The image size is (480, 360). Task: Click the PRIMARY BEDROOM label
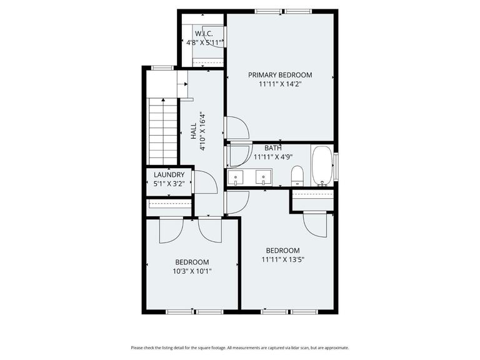coord(279,75)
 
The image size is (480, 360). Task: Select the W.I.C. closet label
coord(204,33)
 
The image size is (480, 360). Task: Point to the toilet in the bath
coord(298,176)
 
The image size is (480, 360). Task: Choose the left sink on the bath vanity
coord(236,178)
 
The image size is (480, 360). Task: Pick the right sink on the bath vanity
coord(264,178)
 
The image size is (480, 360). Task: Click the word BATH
coord(272,148)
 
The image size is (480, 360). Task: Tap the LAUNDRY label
coord(169,175)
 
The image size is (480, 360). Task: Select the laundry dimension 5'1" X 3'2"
coord(169,184)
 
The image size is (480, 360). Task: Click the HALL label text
coord(194,131)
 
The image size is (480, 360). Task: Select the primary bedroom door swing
coord(237,128)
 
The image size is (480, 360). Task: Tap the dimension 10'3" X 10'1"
coord(192,271)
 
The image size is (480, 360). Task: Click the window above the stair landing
coord(163,67)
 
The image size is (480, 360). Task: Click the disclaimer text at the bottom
coord(240,347)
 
